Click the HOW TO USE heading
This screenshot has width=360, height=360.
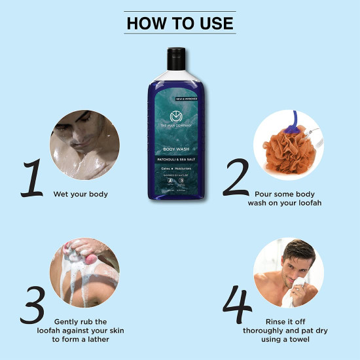click(179, 23)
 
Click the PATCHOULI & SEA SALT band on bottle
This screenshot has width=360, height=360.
click(180, 158)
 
